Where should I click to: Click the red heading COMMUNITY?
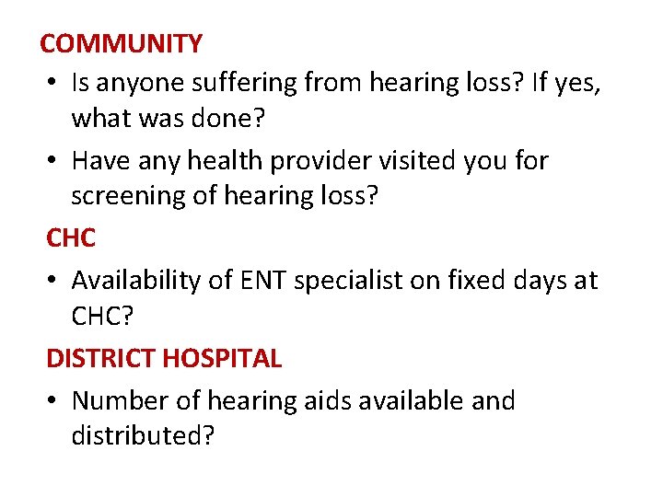122,43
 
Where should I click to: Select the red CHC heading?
71,237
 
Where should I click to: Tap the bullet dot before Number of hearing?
54,402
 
